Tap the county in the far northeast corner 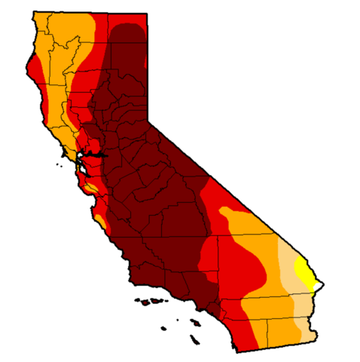(128, 34)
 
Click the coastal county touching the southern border (249, 332)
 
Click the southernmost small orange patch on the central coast (98, 222)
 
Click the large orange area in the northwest (60, 53)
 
